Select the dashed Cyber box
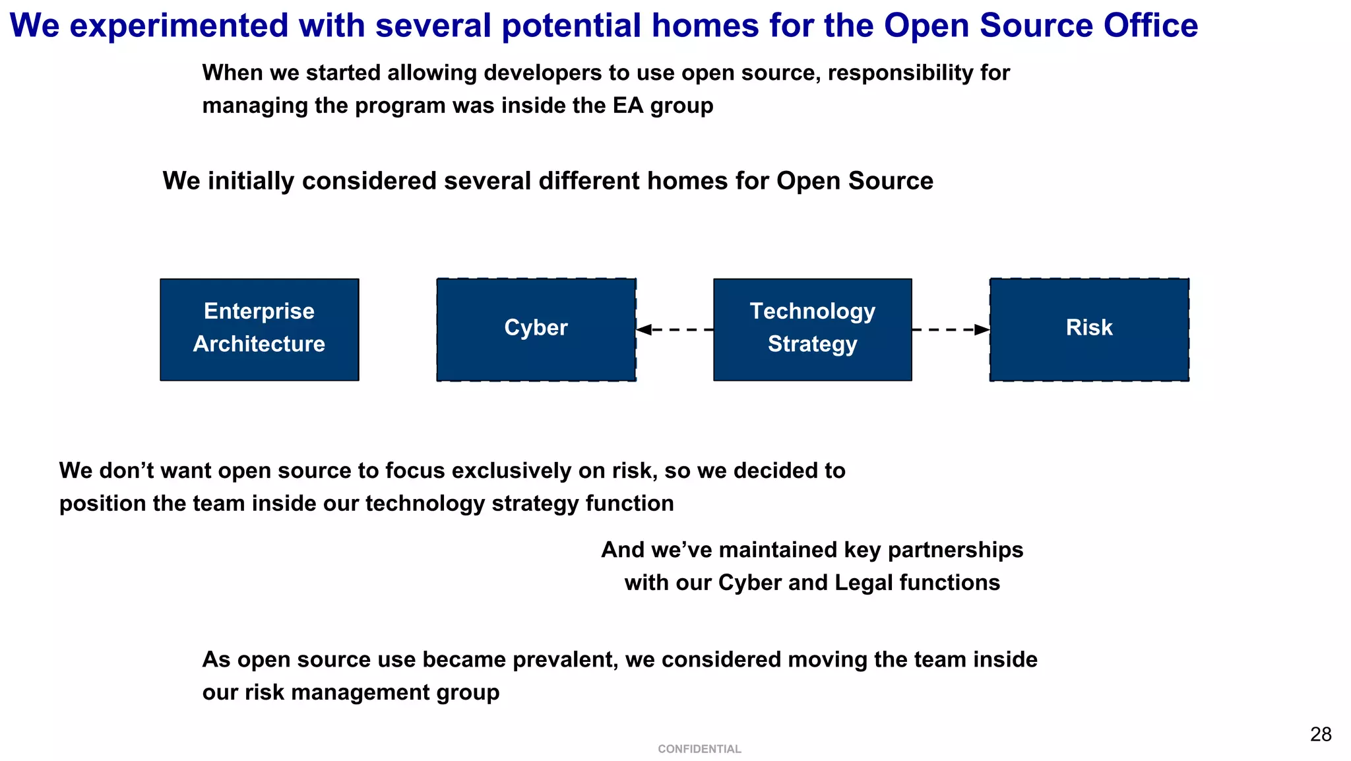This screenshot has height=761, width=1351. (536, 329)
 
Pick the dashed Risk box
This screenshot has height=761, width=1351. (1089, 329)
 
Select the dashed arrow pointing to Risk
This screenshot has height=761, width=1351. (951, 329)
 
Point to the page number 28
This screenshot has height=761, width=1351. (1321, 735)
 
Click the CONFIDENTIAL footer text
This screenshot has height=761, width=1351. (699, 749)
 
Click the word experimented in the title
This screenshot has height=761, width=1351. (179, 26)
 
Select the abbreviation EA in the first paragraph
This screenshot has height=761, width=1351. (628, 106)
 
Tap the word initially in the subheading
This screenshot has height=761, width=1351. (251, 181)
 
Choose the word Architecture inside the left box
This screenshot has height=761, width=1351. (259, 344)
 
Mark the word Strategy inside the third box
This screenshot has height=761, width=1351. (812, 344)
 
